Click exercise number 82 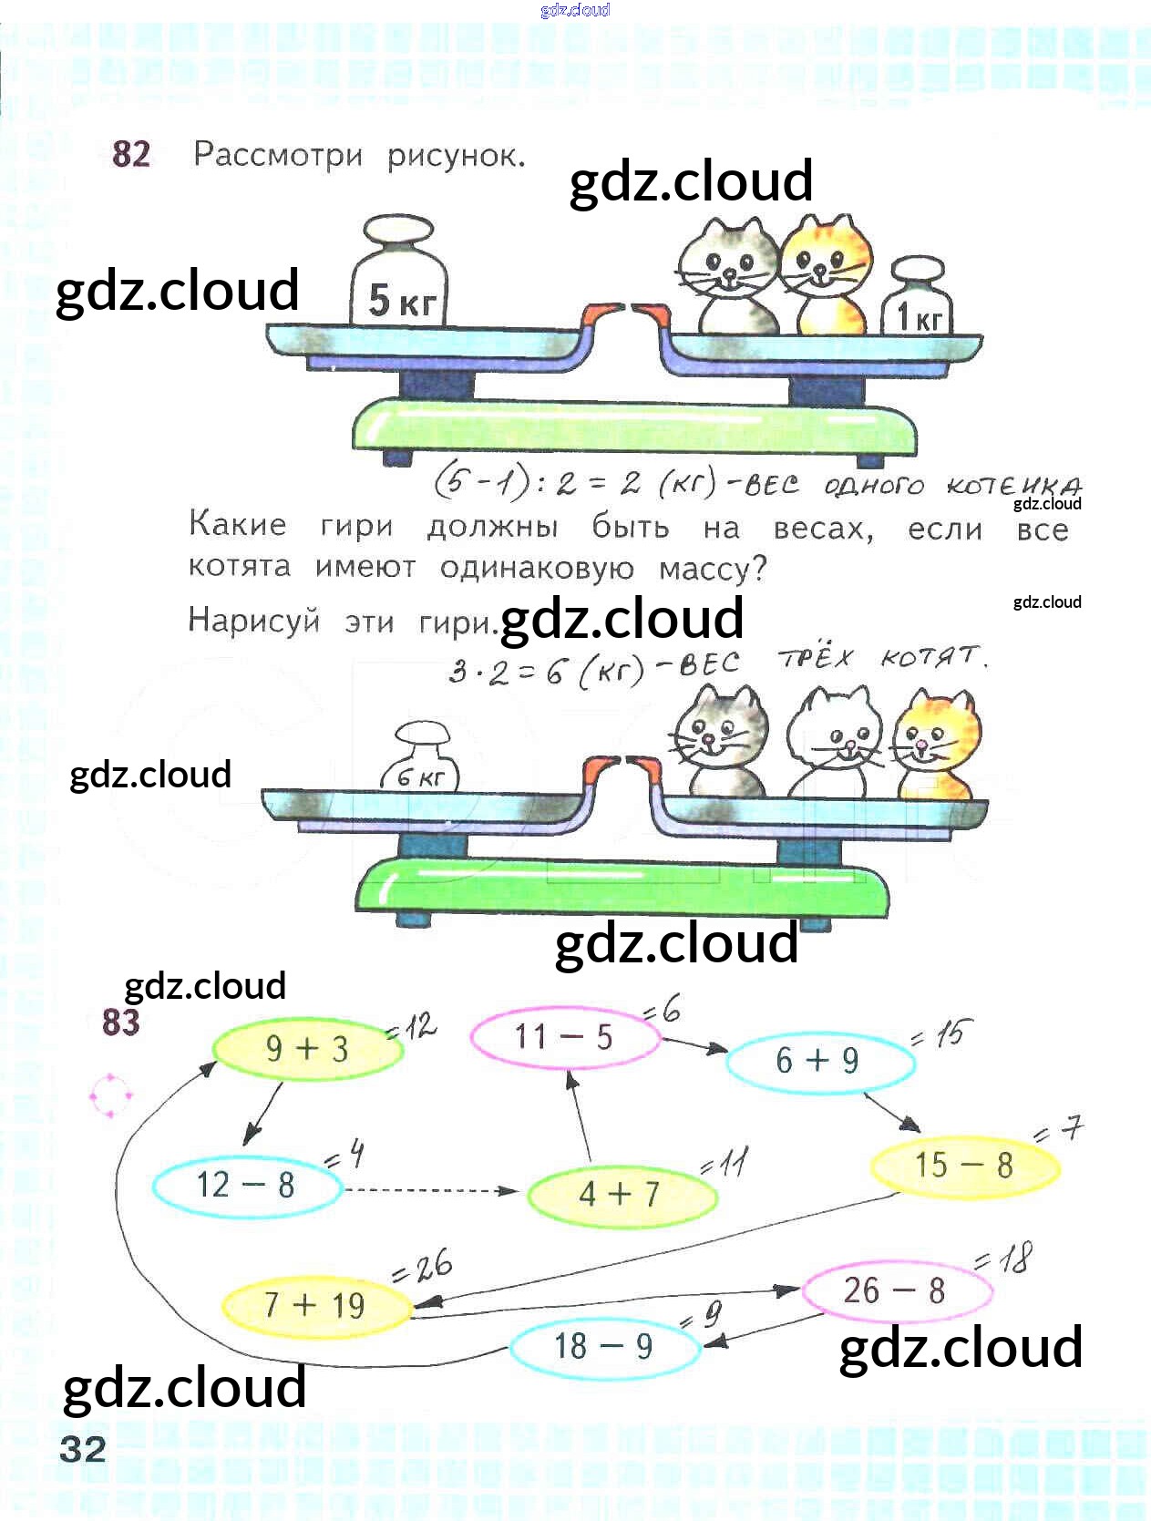click(131, 154)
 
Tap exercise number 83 click(121, 1023)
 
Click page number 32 click(83, 1449)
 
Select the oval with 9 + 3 click(307, 1049)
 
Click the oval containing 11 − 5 click(564, 1037)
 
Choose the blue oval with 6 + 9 click(818, 1060)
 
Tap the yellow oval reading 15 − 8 click(964, 1166)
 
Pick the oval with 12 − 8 click(246, 1185)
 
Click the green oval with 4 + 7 click(620, 1193)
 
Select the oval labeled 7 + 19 click(315, 1305)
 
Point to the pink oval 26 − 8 click(895, 1290)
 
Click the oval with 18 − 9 click(604, 1346)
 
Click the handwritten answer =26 click(422, 1267)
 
